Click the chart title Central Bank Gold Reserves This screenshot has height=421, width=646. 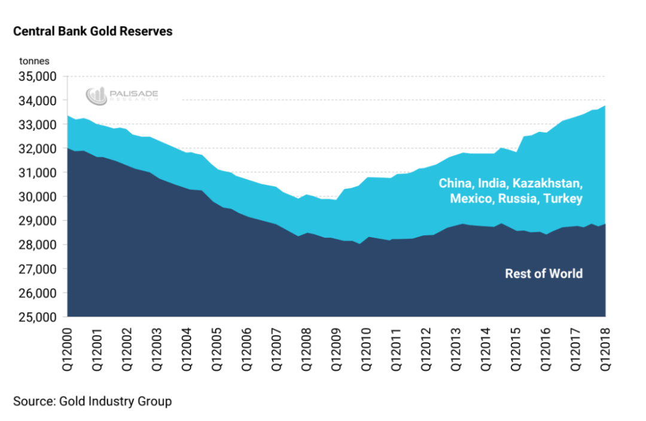coord(93,32)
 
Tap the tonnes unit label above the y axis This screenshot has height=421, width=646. coord(34,61)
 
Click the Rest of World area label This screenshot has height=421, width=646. coord(544,274)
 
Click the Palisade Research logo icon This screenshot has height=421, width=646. coord(96,96)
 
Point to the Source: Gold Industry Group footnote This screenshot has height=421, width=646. coord(93,401)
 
